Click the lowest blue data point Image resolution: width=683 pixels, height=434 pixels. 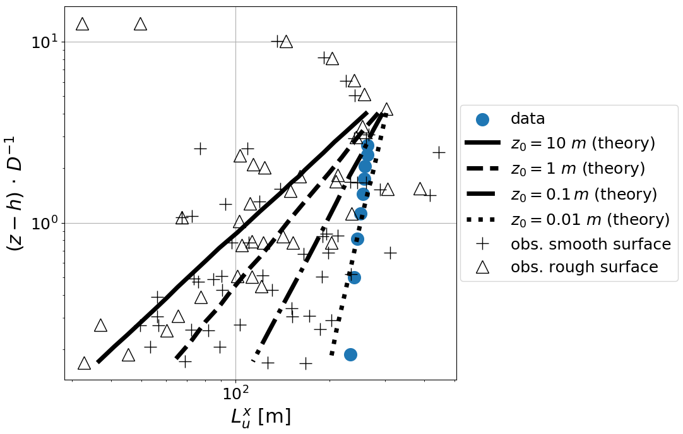pos(350,354)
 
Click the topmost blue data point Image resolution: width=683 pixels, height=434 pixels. pos(367,146)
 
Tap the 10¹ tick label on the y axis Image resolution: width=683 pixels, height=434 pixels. pos(44,42)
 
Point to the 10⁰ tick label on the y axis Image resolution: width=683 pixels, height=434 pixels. pos(44,224)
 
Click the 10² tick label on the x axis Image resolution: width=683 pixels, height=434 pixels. pos(235,394)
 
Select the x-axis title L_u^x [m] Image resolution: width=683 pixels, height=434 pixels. pos(260,417)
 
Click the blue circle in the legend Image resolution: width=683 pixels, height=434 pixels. pos(482,119)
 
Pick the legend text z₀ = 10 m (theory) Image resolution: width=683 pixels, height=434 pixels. pos(583,143)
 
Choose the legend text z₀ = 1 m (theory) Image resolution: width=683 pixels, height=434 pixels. pos(578,169)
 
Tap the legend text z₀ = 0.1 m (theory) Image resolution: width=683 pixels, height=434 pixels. pos(583,194)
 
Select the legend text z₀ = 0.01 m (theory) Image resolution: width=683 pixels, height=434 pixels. pos(590,219)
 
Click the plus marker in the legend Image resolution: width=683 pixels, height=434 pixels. pos(482,244)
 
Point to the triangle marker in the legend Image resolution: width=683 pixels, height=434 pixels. pos(482,267)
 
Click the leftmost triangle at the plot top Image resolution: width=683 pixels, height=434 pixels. pos(82,24)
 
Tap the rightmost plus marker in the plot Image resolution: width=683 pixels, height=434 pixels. pos(439,152)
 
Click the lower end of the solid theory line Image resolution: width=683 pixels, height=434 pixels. pos(98,362)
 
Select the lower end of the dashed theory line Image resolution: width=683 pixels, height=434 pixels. pos(177,358)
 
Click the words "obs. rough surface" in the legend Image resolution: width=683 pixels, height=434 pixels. pos(585,268)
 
